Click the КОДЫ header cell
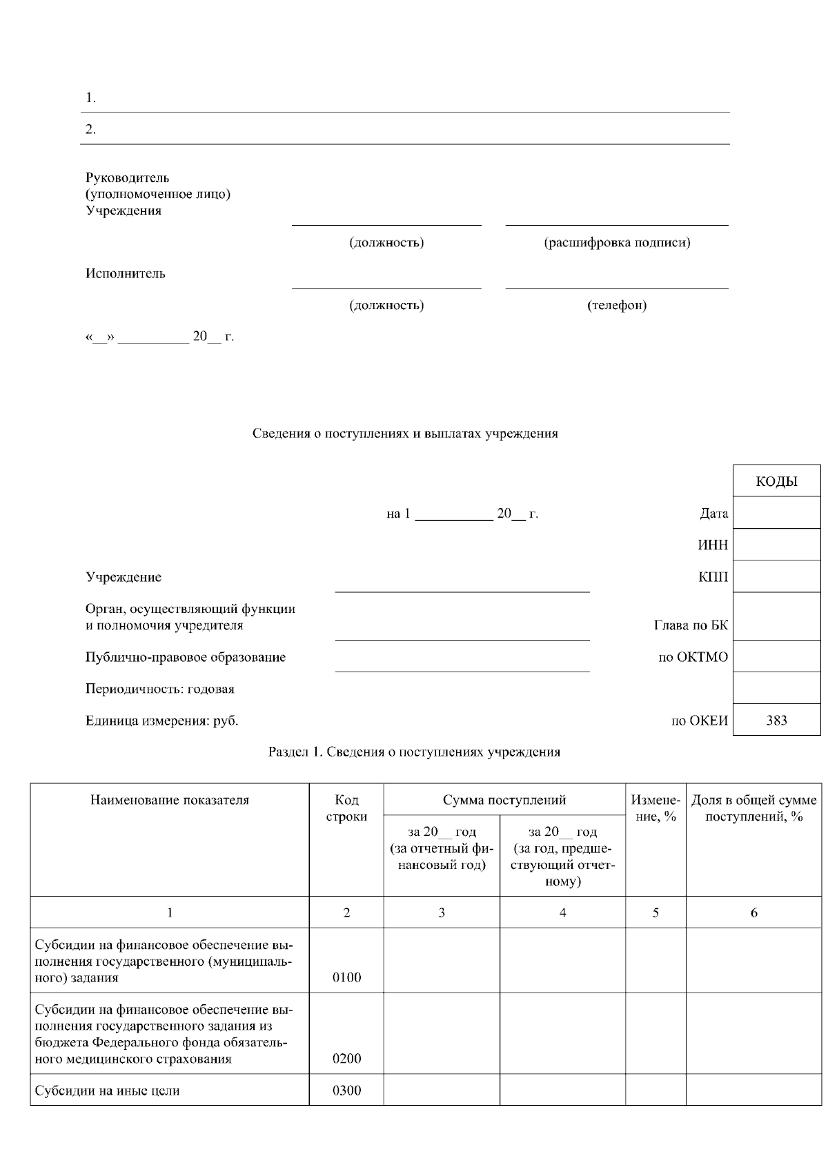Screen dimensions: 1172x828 click(x=776, y=481)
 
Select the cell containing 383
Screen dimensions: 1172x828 click(x=776, y=721)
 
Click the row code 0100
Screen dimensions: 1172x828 click(x=346, y=977)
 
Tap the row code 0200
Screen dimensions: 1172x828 click(x=346, y=1059)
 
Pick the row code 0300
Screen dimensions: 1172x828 click(x=346, y=1091)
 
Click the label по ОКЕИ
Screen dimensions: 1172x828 click(x=699, y=721)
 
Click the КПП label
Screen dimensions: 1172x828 click(x=713, y=577)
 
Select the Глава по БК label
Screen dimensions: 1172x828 click(x=691, y=625)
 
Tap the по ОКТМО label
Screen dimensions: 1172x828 click(x=693, y=657)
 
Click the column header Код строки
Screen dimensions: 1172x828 click(x=346, y=808)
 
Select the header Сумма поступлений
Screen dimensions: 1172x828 click(x=504, y=800)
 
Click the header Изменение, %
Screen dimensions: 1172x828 click(x=655, y=808)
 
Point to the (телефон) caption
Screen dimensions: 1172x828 click(x=617, y=305)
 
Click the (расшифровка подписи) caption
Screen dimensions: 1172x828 click(x=617, y=242)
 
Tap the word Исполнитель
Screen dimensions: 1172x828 click(x=126, y=273)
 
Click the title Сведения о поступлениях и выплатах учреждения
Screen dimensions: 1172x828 click(x=405, y=433)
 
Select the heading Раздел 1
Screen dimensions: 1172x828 click(x=414, y=752)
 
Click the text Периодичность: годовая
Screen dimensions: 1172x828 click(x=160, y=689)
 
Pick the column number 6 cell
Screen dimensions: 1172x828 click(x=753, y=912)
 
